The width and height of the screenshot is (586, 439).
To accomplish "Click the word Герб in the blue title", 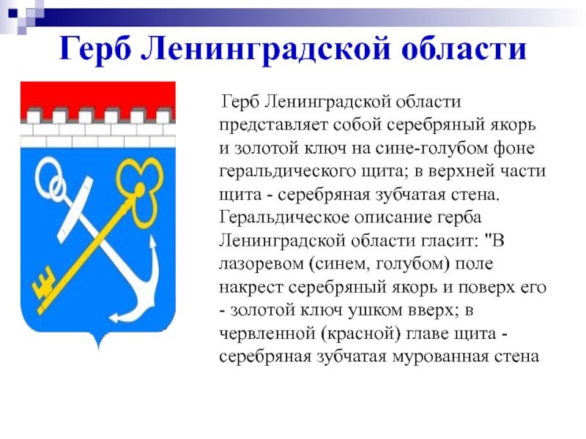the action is [x=96, y=49].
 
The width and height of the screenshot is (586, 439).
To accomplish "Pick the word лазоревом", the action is [x=262, y=264].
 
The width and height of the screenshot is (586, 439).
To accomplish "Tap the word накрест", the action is [x=251, y=288].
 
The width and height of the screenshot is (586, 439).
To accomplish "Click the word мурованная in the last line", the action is [x=441, y=357].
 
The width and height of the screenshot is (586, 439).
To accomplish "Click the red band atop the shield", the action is [x=98, y=95].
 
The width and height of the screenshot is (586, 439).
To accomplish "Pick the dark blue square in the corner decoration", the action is [x=13, y=14].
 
